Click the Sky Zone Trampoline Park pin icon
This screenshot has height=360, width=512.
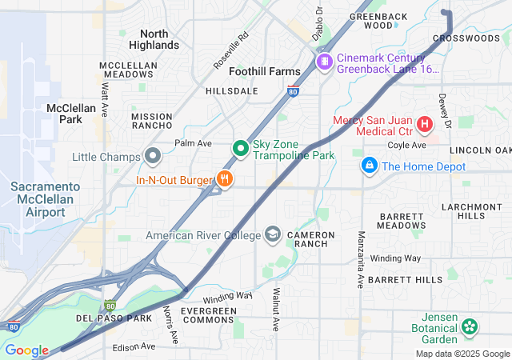tap(240, 148)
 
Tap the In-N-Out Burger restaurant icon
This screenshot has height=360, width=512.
tap(226, 180)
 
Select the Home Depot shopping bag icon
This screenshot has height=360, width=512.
tap(369, 166)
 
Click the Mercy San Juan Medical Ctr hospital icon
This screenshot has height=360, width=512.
tap(424, 125)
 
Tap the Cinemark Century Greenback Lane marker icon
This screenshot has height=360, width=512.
tap(324, 62)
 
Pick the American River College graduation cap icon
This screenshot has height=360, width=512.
tap(273, 234)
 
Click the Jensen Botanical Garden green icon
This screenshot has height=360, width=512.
tap(470, 326)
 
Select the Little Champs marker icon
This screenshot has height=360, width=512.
tap(153, 156)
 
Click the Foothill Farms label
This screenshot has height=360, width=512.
tap(265, 71)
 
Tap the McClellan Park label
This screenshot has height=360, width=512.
tap(71, 113)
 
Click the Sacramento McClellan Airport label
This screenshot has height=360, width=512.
tap(45, 199)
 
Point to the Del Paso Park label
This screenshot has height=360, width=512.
tap(114, 318)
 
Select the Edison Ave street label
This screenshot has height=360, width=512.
tap(134, 346)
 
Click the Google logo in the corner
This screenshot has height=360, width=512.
tap(26, 350)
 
